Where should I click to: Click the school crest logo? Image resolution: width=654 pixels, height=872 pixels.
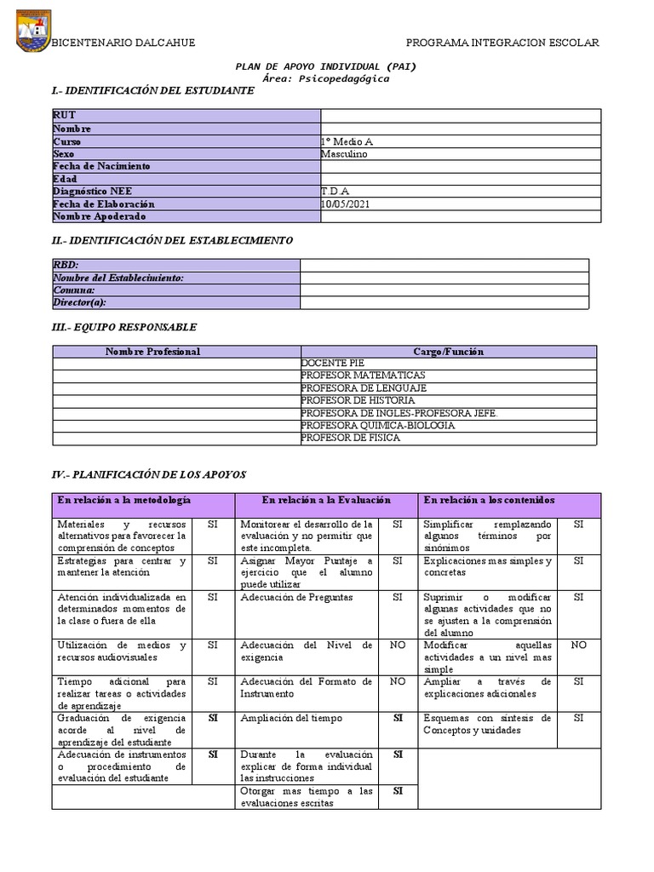(x=33, y=31)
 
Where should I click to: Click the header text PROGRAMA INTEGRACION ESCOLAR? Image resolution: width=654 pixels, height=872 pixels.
(x=502, y=43)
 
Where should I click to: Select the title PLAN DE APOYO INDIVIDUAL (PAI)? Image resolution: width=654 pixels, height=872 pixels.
(x=326, y=66)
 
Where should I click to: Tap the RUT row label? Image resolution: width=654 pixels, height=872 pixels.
(x=64, y=116)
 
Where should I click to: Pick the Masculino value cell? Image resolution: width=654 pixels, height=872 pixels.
(x=346, y=154)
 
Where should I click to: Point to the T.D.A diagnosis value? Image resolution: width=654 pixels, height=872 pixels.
(x=335, y=192)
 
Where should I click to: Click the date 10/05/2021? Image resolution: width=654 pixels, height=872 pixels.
(x=346, y=204)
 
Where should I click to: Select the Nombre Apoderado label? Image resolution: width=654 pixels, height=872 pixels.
(x=93, y=217)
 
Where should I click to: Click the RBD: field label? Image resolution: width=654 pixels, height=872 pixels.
(x=66, y=266)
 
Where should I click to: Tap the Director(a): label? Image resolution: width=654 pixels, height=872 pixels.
(x=80, y=302)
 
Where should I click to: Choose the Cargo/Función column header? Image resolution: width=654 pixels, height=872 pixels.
(x=448, y=351)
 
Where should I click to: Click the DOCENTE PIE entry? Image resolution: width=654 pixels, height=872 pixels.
(x=332, y=364)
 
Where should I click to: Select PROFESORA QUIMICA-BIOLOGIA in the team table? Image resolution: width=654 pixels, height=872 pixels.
(x=378, y=425)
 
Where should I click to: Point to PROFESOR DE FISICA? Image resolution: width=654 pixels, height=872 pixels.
(x=350, y=438)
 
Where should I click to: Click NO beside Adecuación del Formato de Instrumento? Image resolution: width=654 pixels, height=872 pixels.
(x=397, y=681)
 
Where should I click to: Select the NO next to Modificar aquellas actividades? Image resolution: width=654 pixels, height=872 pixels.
(x=578, y=645)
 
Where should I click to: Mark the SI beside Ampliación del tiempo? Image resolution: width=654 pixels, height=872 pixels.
(x=397, y=718)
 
